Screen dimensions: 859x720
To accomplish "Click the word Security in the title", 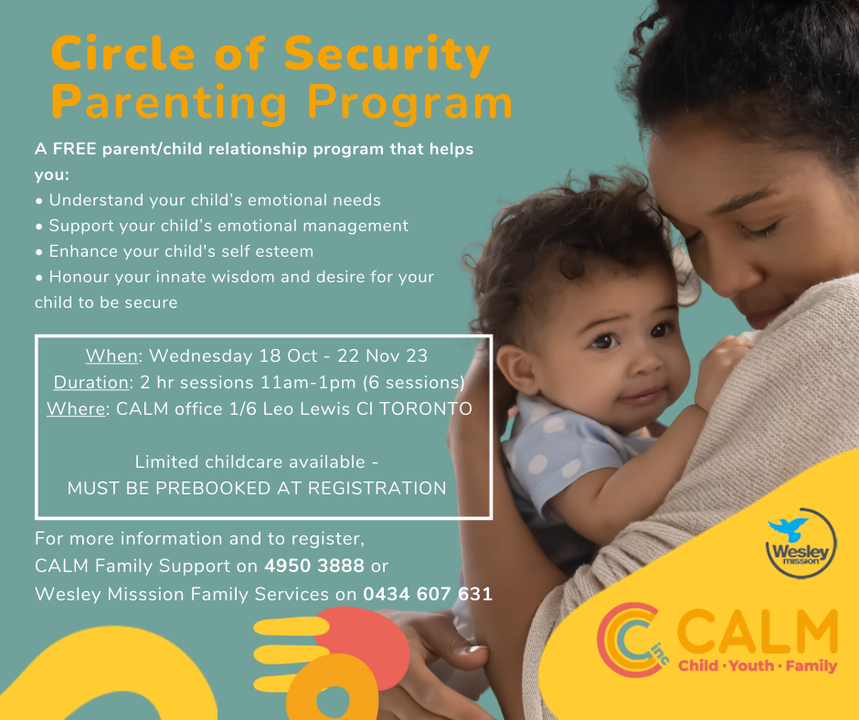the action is [x=387, y=56].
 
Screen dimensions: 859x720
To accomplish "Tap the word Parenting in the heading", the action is [x=169, y=102].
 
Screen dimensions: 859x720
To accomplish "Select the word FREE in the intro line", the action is [x=75, y=149].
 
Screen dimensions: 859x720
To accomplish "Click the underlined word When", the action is [x=111, y=355].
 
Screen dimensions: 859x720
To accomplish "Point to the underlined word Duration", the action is [x=91, y=382].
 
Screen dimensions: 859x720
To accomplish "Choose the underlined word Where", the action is [x=76, y=408].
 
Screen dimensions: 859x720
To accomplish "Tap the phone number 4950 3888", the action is [x=314, y=566].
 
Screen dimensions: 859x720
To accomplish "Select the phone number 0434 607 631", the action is [x=428, y=594].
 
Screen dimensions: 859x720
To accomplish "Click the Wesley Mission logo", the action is [x=801, y=543].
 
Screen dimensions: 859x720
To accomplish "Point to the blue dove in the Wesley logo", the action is [x=789, y=529].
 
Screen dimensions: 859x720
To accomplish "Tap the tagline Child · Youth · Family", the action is [x=758, y=666].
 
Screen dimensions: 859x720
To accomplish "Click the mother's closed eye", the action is [x=758, y=230].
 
